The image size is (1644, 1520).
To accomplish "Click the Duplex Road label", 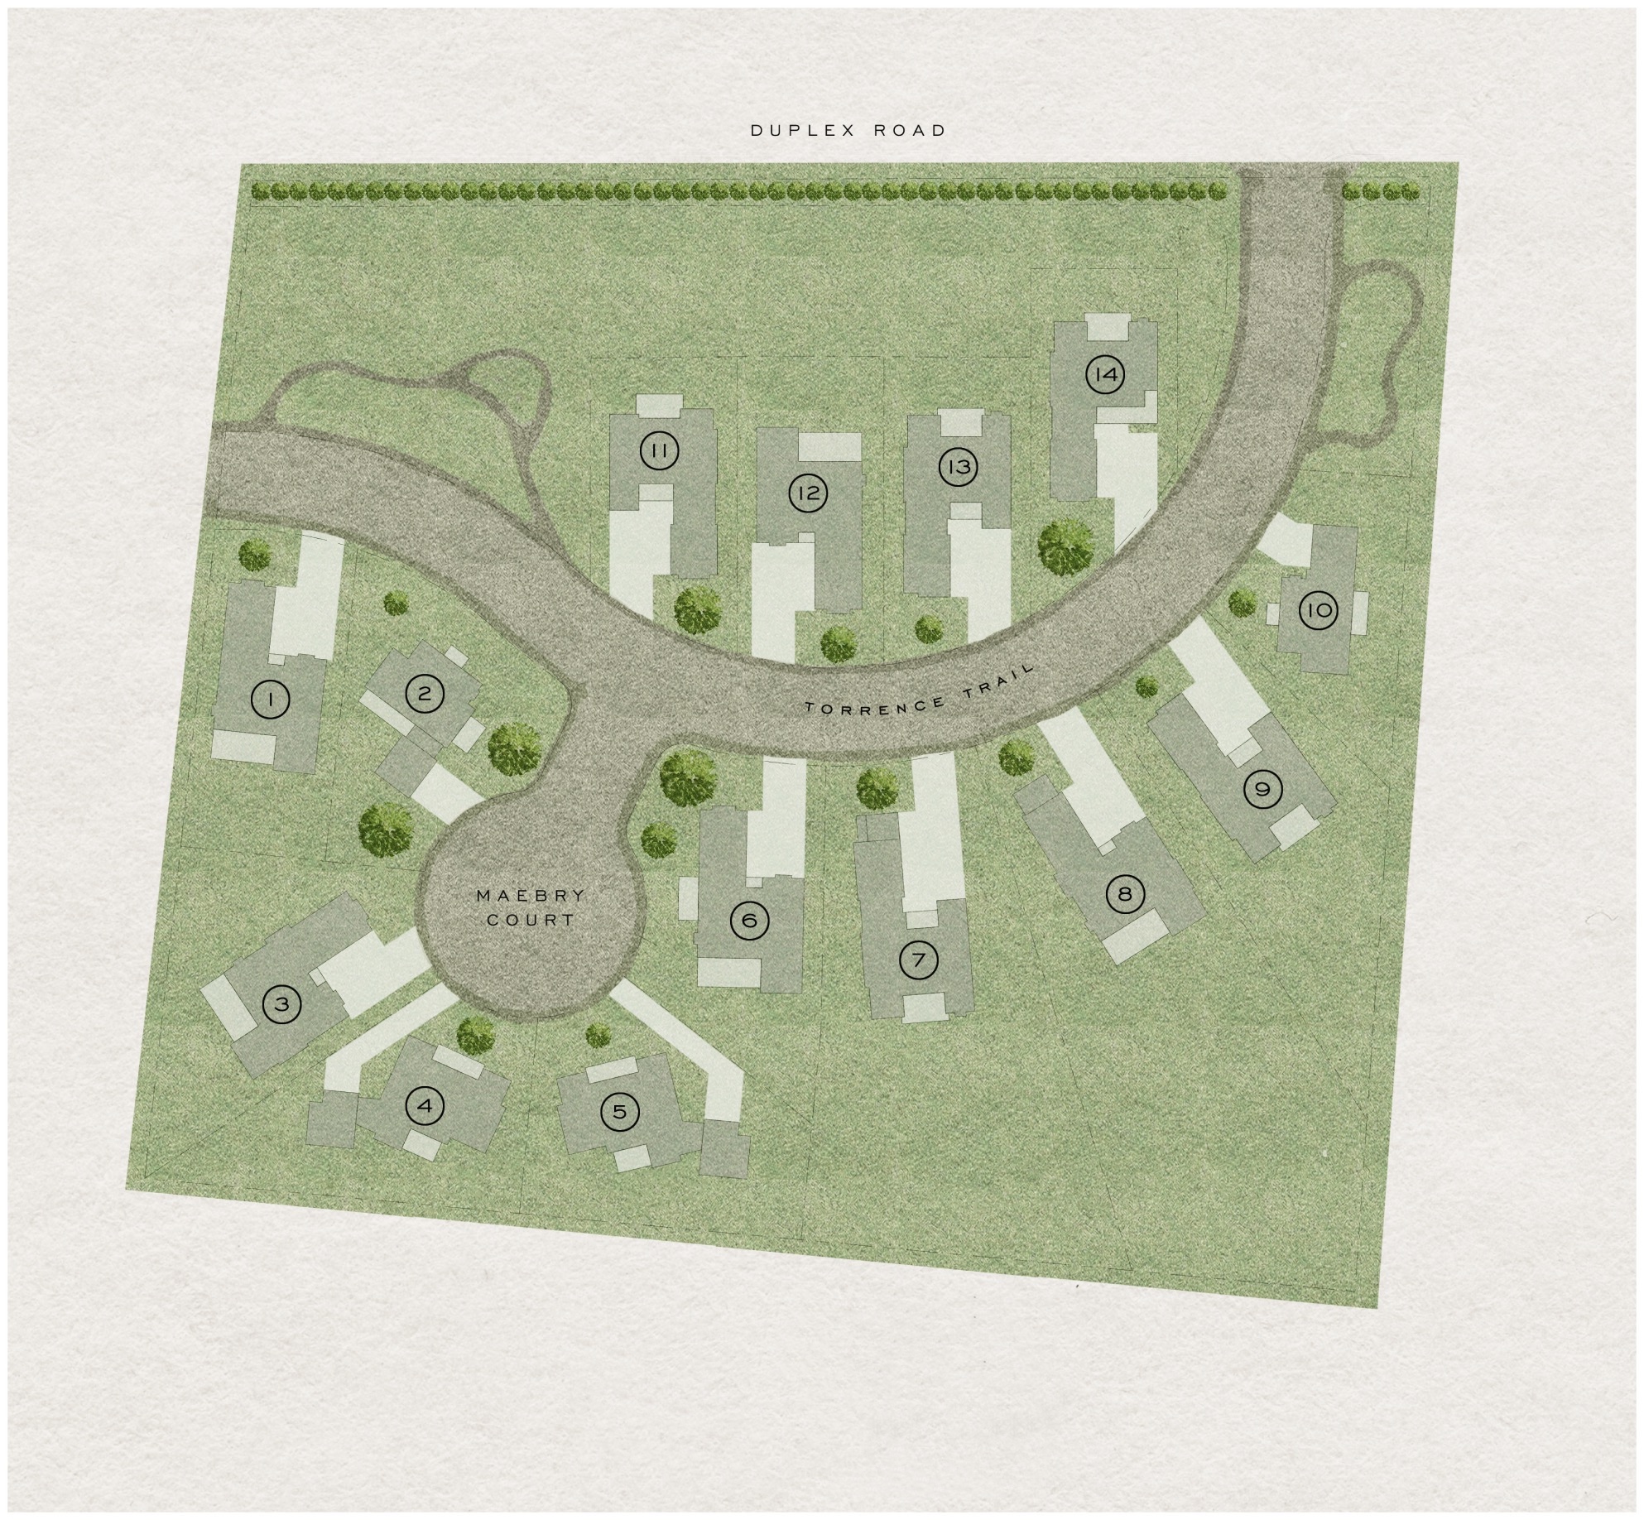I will (848, 130).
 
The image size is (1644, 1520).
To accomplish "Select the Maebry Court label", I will (531, 907).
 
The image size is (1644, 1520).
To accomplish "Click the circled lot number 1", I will (269, 700).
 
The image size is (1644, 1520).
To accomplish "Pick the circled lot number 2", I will (425, 693).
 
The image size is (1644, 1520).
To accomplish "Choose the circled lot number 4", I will (425, 1106).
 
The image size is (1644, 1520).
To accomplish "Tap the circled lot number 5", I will (620, 1111).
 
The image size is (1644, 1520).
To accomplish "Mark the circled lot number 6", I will (750, 920).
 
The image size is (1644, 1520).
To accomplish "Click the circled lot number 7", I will (918, 960).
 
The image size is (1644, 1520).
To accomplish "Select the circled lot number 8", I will (1124, 894).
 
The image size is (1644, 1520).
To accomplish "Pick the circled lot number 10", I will (1318, 611).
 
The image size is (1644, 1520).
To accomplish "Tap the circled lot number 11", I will (659, 450).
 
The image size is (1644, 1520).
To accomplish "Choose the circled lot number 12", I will (808, 493).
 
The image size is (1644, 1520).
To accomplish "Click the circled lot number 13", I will (958, 467).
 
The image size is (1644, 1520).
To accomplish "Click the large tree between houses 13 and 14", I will (1066, 546).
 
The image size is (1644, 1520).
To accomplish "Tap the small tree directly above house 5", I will (598, 1035).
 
